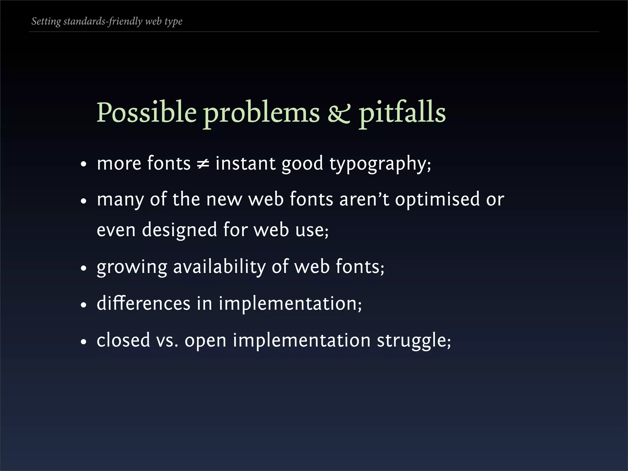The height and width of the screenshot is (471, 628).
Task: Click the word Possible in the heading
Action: pyautogui.click(x=146, y=112)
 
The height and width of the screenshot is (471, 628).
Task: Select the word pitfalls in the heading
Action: pyautogui.click(x=402, y=112)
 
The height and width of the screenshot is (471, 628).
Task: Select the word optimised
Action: pyautogui.click(x=437, y=199)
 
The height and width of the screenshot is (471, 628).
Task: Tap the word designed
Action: pyautogui.click(x=179, y=230)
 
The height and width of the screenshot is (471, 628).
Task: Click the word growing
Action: pyautogui.click(x=132, y=267)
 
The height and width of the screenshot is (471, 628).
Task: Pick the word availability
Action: pyautogui.click(x=219, y=267)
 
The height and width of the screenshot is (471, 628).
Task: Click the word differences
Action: pyautogui.click(x=143, y=304)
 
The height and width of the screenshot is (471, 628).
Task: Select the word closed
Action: pyautogui.click(x=123, y=340)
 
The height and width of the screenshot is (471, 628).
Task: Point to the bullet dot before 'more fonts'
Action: pyautogui.click(x=83, y=165)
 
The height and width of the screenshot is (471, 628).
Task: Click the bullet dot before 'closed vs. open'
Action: pyautogui.click(x=83, y=342)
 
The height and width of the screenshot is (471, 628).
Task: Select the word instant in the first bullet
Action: pyautogui.click(x=245, y=163)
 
